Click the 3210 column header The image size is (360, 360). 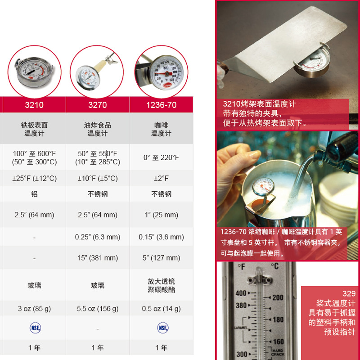34,105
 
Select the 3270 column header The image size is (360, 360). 98,105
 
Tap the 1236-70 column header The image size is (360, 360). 161,105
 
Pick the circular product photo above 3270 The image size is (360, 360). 97,71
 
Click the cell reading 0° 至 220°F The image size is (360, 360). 161,157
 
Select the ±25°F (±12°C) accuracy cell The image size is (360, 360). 34,179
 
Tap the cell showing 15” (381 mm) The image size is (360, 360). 98,258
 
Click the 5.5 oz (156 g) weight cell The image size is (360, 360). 98,309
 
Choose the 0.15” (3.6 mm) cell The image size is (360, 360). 161,237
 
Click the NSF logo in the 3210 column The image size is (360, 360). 34,328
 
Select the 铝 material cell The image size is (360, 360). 34,194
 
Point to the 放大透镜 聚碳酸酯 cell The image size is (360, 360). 161,285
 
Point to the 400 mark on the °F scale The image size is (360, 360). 241,293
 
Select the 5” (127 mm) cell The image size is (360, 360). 161,258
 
